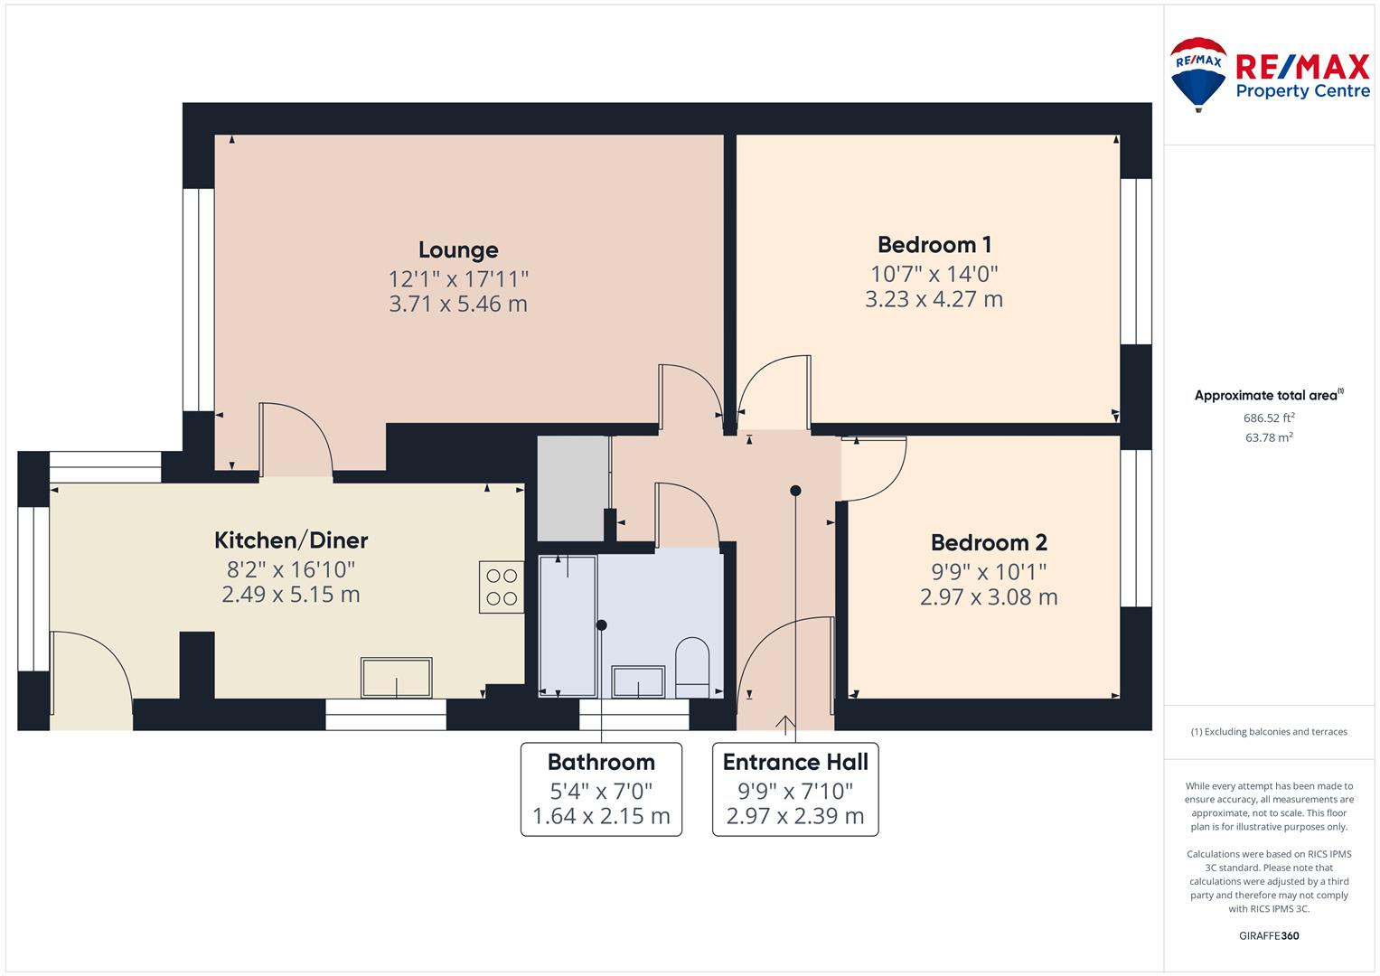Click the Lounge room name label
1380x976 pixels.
pyautogui.click(x=458, y=250)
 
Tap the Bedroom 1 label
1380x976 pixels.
pyautogui.click(x=934, y=245)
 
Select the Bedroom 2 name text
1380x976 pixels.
pyautogui.click(x=988, y=543)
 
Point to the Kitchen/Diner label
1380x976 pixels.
pyautogui.click(x=291, y=540)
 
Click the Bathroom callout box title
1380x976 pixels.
pyautogui.click(x=601, y=762)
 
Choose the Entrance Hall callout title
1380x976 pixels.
pyautogui.click(x=794, y=762)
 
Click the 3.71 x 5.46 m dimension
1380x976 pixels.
pyautogui.click(x=458, y=304)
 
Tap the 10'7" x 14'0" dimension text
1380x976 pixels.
pyautogui.click(x=934, y=274)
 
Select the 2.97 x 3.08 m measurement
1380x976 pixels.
pyautogui.click(x=988, y=597)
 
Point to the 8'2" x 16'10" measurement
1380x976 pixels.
pyautogui.click(x=291, y=569)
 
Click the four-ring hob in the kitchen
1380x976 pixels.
pyautogui.click(x=502, y=587)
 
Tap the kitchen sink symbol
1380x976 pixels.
pyautogui.click(x=396, y=677)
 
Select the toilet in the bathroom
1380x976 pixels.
pyautogui.click(x=692, y=668)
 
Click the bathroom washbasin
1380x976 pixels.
pyautogui.click(x=638, y=681)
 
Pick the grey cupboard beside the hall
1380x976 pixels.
pyautogui.click(x=572, y=488)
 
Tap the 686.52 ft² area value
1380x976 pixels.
pyautogui.click(x=1269, y=418)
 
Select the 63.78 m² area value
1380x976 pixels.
pyautogui.click(x=1269, y=437)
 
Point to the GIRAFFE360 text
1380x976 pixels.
pyautogui.click(x=1269, y=935)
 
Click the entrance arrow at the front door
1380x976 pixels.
pyautogui.click(x=784, y=725)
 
